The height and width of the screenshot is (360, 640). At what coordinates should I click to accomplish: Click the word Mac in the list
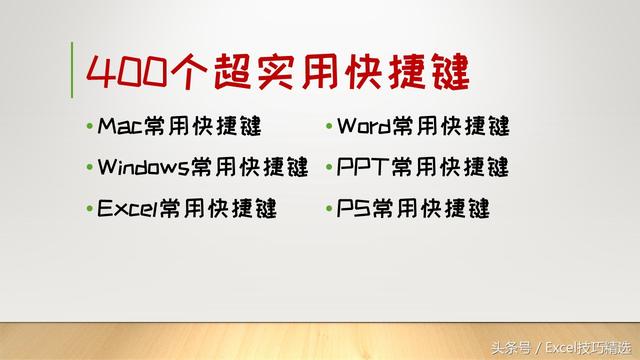(120, 127)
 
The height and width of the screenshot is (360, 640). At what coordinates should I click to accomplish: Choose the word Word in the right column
(364, 127)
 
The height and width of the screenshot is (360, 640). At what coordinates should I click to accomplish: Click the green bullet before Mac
(90, 128)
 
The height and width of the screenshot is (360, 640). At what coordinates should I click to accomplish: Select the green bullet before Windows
(90, 167)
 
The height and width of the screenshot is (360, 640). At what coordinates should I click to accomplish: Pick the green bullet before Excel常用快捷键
(90, 209)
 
